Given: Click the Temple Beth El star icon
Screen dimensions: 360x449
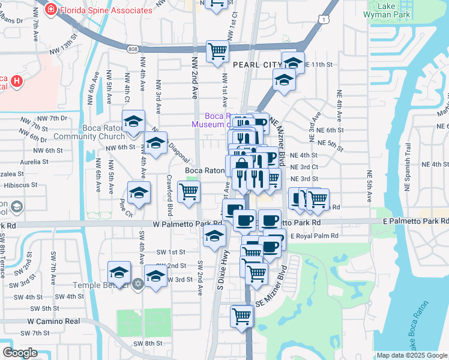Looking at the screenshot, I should (138, 283).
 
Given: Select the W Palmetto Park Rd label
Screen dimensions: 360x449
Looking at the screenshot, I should (179, 223).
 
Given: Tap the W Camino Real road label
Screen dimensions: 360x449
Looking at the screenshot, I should (53, 322).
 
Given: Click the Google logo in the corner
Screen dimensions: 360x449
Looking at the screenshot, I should (20, 353).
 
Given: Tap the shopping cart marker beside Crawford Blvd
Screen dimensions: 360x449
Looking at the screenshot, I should (189, 193).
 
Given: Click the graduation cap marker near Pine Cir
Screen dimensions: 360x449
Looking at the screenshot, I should (139, 193).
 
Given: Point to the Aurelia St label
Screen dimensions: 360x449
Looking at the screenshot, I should (34, 162).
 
